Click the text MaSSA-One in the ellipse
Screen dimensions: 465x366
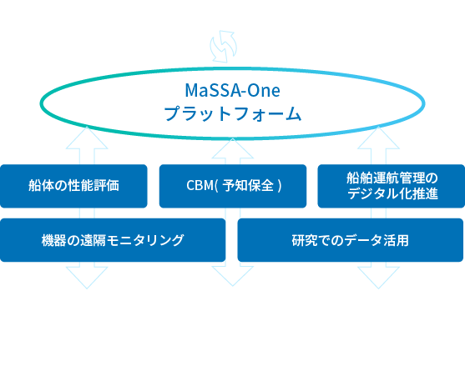(232, 90)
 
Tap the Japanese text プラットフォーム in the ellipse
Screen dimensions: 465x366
(233, 113)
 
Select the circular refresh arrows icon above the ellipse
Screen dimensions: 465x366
(223, 47)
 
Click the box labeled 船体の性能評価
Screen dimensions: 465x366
(73, 186)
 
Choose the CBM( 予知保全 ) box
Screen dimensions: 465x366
(233, 186)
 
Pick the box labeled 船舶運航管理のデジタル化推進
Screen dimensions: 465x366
(392, 186)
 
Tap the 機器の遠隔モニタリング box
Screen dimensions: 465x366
(113, 240)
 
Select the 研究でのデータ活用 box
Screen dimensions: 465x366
(351, 240)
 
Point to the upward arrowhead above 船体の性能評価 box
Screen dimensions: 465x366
(87, 138)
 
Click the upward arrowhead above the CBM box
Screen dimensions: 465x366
(233, 148)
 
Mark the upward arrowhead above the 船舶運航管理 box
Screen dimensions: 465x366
(378, 138)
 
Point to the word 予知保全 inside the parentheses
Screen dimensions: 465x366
(248, 186)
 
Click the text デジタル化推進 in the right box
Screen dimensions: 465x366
(392, 193)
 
